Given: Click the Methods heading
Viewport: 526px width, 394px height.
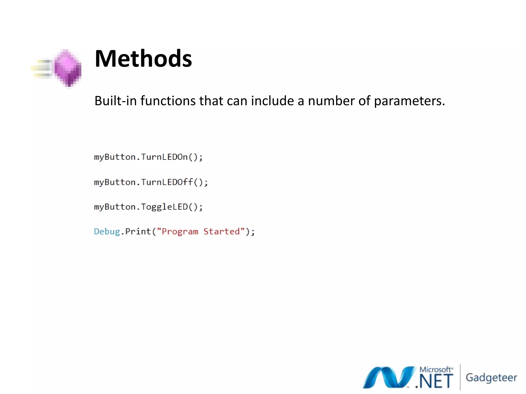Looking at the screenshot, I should (x=143, y=59).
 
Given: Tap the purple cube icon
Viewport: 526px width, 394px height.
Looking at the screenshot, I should (x=67, y=68).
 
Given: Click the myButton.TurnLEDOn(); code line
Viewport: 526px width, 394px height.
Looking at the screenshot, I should (x=148, y=157).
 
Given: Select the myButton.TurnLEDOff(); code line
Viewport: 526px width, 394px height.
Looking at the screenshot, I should (x=151, y=182).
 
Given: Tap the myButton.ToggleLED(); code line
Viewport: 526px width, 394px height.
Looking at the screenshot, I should (x=148, y=207).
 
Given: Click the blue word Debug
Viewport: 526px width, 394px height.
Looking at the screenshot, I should (x=107, y=232).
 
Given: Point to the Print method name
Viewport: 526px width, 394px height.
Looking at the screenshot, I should (x=138, y=232).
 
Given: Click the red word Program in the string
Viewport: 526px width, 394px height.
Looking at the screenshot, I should (x=180, y=232).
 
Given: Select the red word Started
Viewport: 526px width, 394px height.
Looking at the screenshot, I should (x=222, y=232).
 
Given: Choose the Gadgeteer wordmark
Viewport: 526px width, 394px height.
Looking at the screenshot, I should (x=491, y=378).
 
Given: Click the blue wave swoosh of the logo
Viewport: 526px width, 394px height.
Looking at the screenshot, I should (x=388, y=377).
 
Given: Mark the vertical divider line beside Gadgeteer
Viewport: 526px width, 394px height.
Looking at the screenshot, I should (x=460, y=377).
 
